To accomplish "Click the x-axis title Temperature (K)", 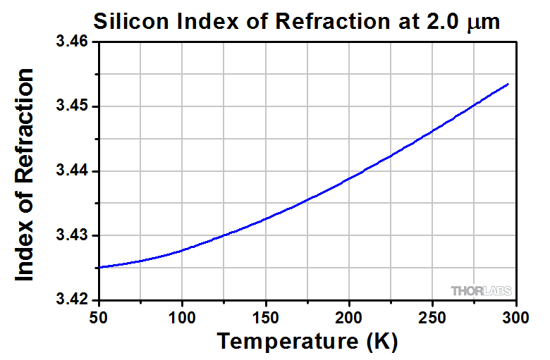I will pyautogui.click(x=307, y=342).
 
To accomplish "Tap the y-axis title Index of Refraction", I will pyautogui.click(x=25, y=175).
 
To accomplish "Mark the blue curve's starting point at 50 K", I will pyautogui.click(x=100, y=268).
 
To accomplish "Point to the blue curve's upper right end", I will pyautogui.click(x=508, y=84).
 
